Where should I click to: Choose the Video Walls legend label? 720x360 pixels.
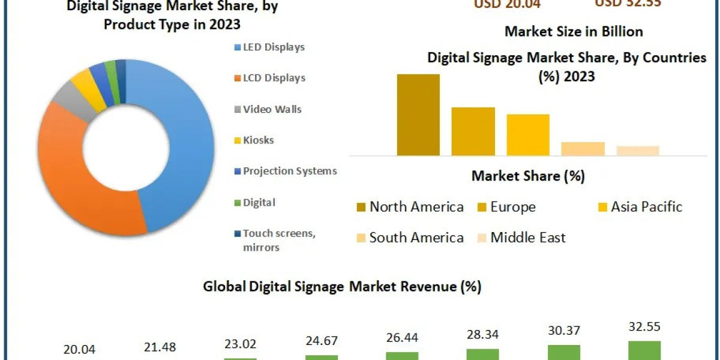272,109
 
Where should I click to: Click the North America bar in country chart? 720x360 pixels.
418,115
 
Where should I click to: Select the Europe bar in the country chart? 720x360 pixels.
473,131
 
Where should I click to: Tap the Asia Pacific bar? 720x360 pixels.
528,134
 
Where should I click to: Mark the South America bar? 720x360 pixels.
583,149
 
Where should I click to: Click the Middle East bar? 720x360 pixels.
637,151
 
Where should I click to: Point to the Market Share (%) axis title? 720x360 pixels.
528,176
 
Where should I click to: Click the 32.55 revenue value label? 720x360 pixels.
644,327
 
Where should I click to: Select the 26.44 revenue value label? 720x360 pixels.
401,337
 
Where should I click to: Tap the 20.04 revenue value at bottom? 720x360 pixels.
79,350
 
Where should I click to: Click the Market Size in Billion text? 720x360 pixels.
574,31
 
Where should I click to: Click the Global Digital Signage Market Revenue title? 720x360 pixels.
342,287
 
